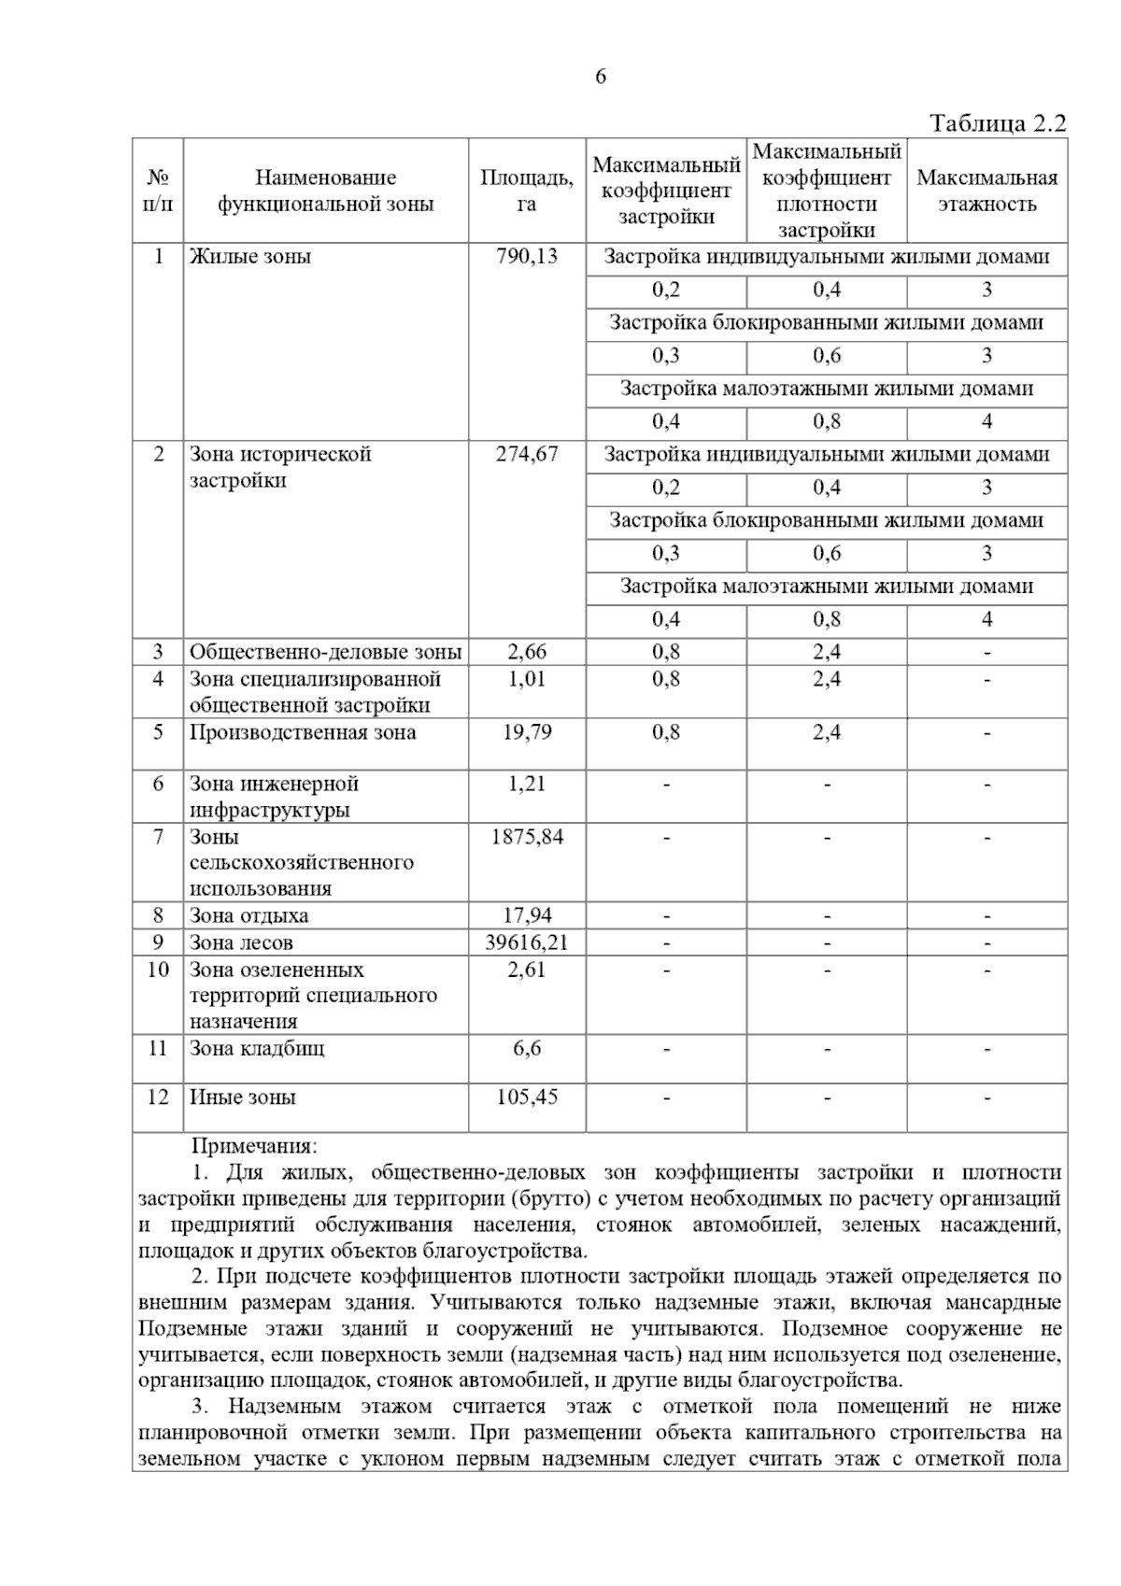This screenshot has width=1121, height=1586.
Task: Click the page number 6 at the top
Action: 600,77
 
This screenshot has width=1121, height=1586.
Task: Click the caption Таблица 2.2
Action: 998,124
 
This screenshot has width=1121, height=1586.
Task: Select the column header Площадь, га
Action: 527,191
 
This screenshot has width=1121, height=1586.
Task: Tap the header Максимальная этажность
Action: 987,191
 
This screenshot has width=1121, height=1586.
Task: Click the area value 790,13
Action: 527,257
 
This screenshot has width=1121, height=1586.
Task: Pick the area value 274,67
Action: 527,454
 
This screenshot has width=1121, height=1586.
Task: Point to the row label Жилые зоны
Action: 250,257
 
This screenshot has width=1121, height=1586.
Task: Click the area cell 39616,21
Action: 527,942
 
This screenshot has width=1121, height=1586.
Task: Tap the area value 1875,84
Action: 527,837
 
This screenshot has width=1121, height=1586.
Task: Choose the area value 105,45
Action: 527,1097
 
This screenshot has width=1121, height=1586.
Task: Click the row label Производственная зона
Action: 303,732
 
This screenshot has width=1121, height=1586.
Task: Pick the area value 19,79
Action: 527,732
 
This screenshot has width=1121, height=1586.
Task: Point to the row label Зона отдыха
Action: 248,915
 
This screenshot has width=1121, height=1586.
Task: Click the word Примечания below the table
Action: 254,1146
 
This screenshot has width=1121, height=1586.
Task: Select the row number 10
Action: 158,970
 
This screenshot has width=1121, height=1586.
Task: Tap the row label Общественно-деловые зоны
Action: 325,652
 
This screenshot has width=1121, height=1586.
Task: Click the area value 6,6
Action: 527,1048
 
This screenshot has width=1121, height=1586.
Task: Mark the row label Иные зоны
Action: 243,1097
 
